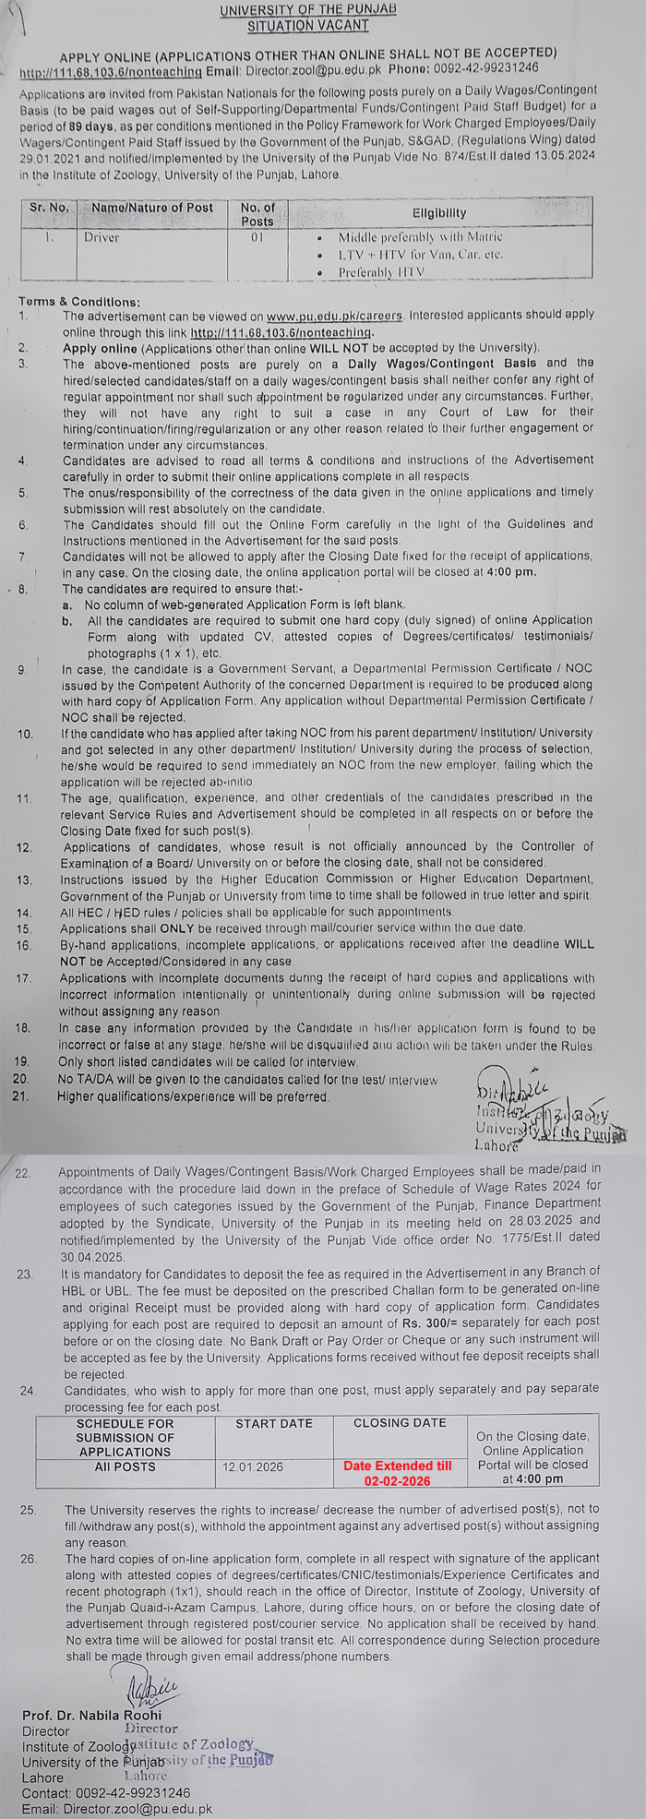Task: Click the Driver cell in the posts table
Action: [102, 237]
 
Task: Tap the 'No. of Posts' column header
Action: [257, 214]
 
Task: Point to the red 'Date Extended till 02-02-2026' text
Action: [398, 1473]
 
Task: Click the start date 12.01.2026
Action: [253, 1466]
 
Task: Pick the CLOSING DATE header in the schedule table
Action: [399, 1423]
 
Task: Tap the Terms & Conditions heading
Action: [79, 302]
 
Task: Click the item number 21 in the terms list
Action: [22, 1096]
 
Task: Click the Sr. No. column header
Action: [49, 208]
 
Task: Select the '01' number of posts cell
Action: [257, 237]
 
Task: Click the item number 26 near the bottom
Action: [28, 1559]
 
